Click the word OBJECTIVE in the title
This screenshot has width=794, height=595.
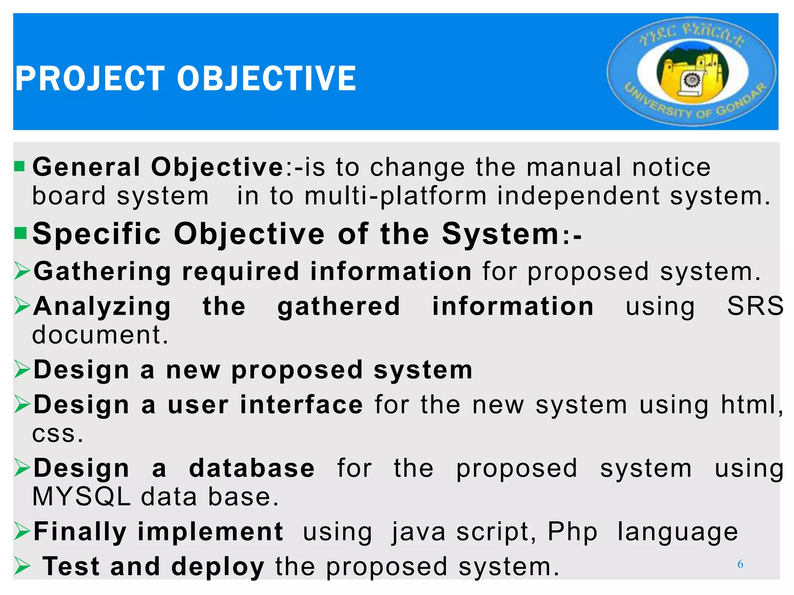[266, 79]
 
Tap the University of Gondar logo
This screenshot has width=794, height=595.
[692, 72]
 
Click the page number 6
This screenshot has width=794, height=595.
[740, 564]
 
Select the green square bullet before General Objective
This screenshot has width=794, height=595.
[19, 167]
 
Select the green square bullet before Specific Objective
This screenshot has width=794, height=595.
[20, 233]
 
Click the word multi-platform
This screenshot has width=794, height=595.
[395, 196]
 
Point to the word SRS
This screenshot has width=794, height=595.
[755, 306]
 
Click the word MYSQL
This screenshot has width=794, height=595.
[81, 497]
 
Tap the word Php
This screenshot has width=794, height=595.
[572, 531]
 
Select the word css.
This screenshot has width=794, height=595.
[57, 434]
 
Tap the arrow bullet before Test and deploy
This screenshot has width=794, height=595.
[22, 567]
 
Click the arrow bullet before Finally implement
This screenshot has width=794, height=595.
[22, 531]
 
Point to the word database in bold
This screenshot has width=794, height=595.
[252, 468]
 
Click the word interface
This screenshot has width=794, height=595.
[302, 405]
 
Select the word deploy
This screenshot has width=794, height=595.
[217, 567]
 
